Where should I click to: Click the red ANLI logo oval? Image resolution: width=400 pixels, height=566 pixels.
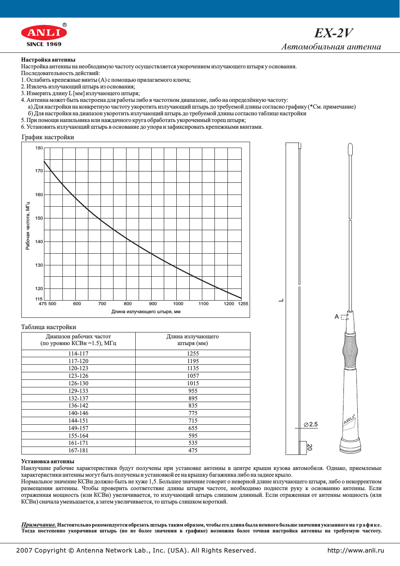pos(44,32)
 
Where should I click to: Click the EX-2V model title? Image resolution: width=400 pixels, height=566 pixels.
pos(333,33)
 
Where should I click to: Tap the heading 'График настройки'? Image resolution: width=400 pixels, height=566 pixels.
pos(48,137)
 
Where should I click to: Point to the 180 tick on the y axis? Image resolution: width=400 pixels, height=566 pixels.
pos(39,148)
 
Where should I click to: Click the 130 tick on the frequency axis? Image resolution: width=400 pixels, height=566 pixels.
pos(39,265)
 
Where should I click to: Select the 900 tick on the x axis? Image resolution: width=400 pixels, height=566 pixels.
pos(153,304)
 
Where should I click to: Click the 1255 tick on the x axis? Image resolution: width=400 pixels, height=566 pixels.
pos(243,304)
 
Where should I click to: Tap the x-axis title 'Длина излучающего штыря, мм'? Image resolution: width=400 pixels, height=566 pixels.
pos(146,312)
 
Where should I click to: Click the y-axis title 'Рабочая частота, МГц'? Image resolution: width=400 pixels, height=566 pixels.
pos(28,226)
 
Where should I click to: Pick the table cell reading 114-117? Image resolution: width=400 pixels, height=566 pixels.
pos(78,353)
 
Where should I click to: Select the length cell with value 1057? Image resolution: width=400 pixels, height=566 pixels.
pos(193,376)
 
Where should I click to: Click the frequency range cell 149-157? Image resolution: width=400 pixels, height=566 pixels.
pos(78,428)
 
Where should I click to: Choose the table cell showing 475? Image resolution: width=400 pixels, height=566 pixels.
pos(193,450)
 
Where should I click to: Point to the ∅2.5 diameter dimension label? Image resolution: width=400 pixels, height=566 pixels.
pos(311,424)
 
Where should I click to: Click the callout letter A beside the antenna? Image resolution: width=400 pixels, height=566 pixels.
pos(337,317)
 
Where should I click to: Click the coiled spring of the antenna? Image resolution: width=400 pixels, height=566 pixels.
pos(350,350)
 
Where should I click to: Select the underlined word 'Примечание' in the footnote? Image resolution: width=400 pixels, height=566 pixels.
pos(39,524)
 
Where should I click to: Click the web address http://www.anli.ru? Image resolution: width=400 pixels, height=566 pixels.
pos(356,550)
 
